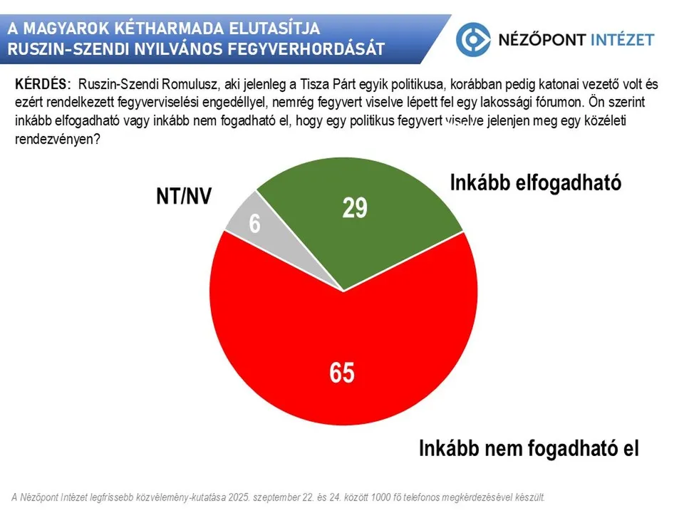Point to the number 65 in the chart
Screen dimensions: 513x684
coord(342,373)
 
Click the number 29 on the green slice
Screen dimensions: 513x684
coord(354,207)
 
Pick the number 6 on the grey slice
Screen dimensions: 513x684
coord(254,224)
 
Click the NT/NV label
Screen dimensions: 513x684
coord(184,196)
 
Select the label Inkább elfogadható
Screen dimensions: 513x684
coord(536,182)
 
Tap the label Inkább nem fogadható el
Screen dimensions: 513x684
coord(529,449)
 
